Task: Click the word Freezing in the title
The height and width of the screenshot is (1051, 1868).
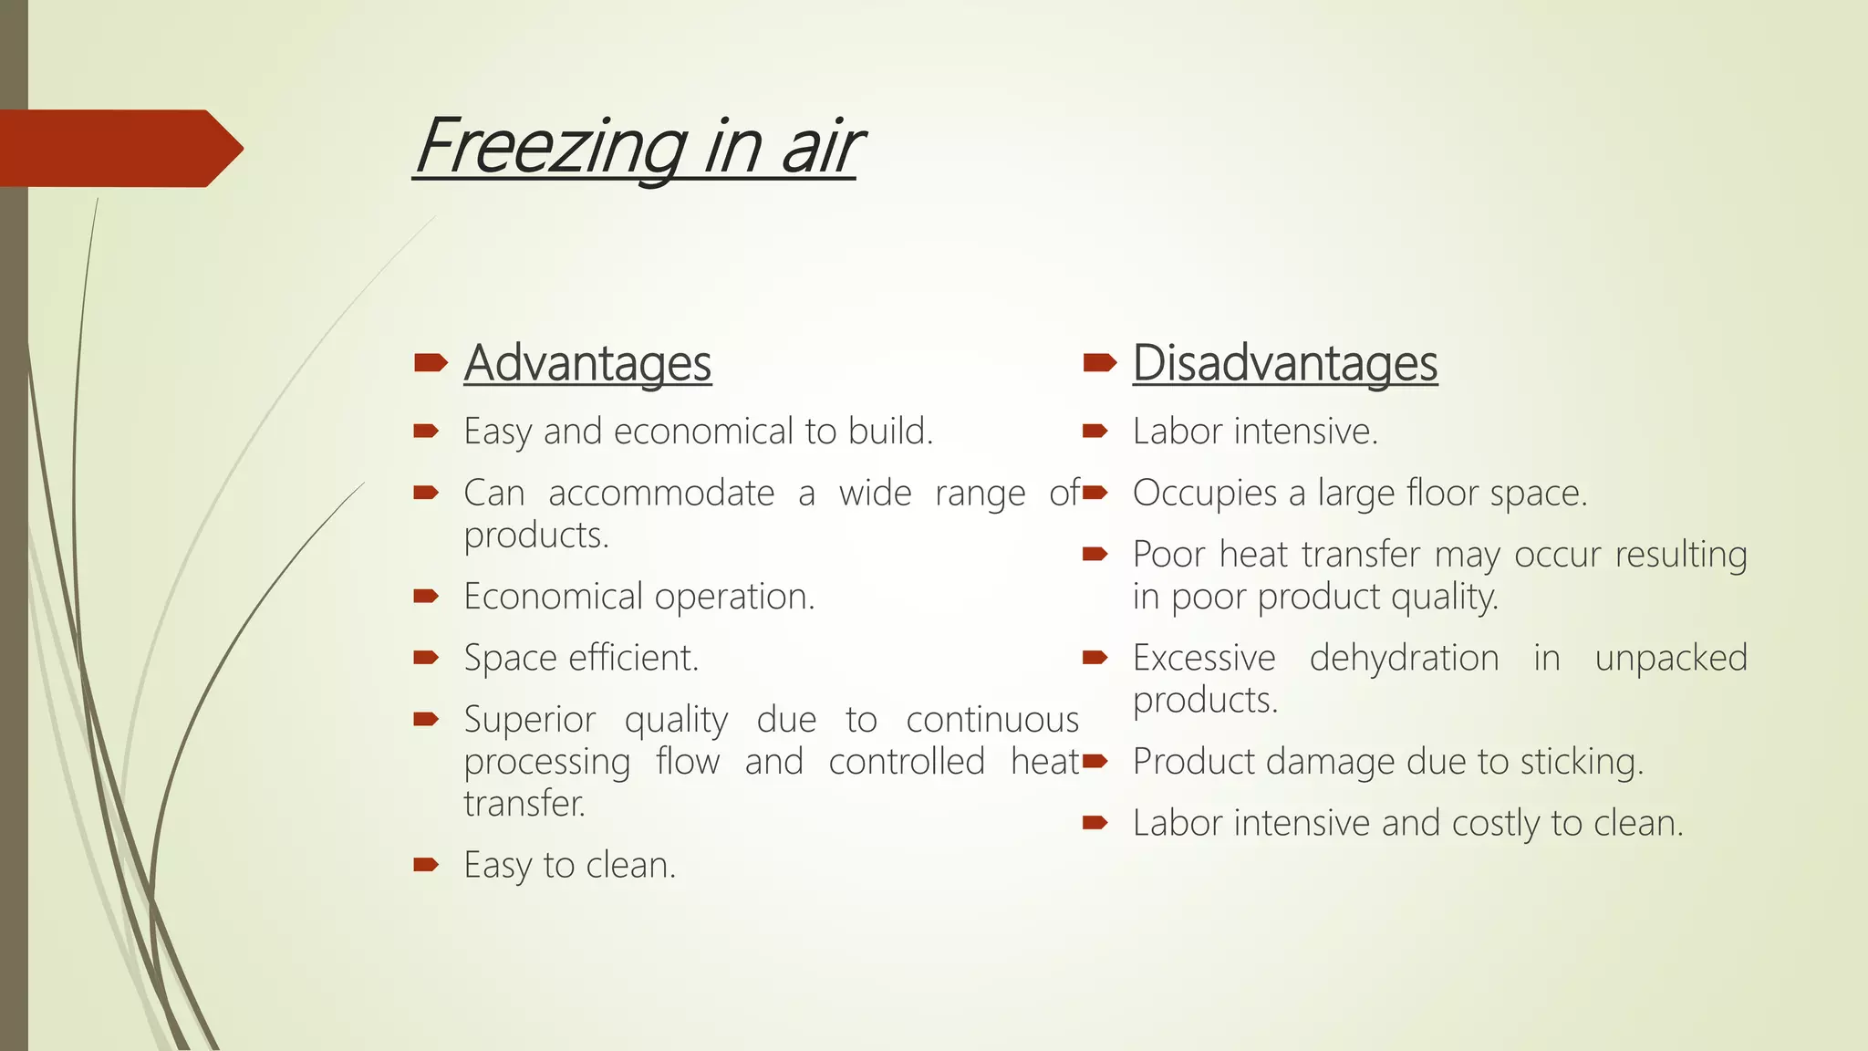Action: click(550, 147)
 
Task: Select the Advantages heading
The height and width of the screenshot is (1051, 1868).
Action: click(587, 363)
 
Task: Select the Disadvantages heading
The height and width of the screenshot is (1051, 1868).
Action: click(1285, 363)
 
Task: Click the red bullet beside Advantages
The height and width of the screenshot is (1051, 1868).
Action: click(430, 363)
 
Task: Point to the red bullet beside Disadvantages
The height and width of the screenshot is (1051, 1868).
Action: click(1099, 363)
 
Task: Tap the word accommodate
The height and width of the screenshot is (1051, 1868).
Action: click(661, 494)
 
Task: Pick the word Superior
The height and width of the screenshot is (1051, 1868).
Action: click(529, 720)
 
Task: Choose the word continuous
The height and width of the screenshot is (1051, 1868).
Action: click(992, 720)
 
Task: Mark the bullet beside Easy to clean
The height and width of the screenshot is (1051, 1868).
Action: click(426, 864)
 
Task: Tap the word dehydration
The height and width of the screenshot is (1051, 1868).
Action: click(1404, 658)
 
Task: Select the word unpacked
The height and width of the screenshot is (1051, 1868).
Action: click(1670, 658)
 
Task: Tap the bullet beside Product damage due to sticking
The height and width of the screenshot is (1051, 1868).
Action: click(1095, 760)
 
